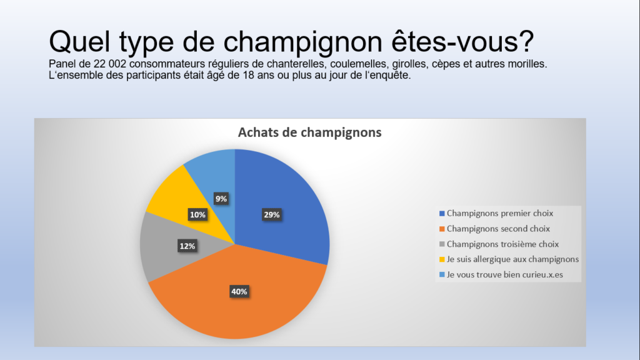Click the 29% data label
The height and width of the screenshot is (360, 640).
coord(271,215)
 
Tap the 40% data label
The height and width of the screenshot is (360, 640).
coord(239,291)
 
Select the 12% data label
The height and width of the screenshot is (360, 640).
coord(187,246)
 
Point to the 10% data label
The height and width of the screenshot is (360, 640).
coord(197,215)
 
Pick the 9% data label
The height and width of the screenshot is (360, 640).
coord(221,199)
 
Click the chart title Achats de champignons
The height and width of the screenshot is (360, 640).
coord(310,132)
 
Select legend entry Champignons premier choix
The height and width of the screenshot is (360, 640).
coord(496,213)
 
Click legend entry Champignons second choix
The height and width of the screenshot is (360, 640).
coord(494,229)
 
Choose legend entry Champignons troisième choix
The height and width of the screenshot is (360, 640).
coord(499,244)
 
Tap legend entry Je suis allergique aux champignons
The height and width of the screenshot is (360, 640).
coord(509,259)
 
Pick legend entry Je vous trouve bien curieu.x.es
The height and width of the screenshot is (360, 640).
coord(501,275)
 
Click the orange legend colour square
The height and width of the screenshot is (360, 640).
coord(442,229)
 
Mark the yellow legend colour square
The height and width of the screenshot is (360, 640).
coord(442,259)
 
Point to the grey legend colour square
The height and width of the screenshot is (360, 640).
coord(442,244)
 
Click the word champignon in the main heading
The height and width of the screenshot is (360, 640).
coord(302,42)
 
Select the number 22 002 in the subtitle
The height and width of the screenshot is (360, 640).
coord(110,64)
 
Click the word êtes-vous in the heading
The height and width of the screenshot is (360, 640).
coord(462,41)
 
